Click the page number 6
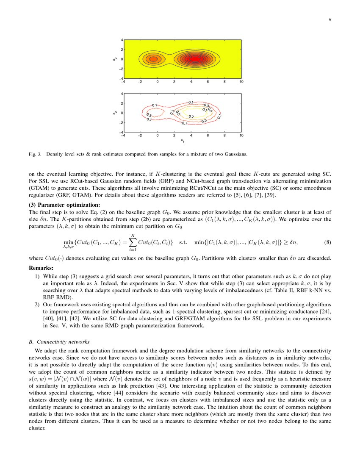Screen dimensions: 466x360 click(329, 19)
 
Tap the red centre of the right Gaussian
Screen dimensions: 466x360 click(194, 59)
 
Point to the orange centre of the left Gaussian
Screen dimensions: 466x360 click(154, 59)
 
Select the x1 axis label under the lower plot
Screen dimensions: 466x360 click(182, 140)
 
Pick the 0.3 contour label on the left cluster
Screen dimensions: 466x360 click(149, 115)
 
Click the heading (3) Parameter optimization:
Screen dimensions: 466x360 click(64, 205)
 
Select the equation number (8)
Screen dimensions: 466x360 click(327, 243)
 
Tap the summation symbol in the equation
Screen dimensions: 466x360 click(133, 243)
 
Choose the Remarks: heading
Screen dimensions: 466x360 click(41, 268)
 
